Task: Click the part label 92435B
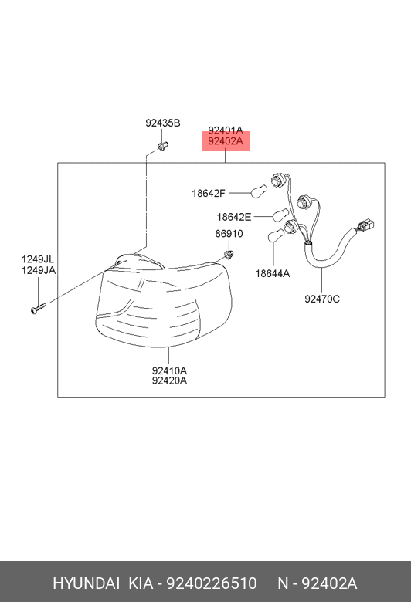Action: pos(163,123)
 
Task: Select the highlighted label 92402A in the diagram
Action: pos(226,141)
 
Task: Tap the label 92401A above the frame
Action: pos(226,130)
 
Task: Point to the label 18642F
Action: pos(209,194)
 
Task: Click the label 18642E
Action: pos(234,218)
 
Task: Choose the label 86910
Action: pos(229,233)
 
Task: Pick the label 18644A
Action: pos(273,273)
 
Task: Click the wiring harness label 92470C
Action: pos(322,299)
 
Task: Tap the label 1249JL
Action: pos(38,259)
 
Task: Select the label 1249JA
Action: pos(39,271)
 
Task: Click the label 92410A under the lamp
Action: pos(169,371)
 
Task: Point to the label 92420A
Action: pos(169,380)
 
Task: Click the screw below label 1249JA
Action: pos(38,309)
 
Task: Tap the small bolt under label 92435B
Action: pos(163,147)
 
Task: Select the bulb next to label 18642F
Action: pos(259,191)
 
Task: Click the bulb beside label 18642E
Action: pos(280,215)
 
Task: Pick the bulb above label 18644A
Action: pos(275,235)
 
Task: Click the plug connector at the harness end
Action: pos(366,225)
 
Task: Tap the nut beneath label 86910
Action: pos(229,254)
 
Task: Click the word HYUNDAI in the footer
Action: pos(86,583)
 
